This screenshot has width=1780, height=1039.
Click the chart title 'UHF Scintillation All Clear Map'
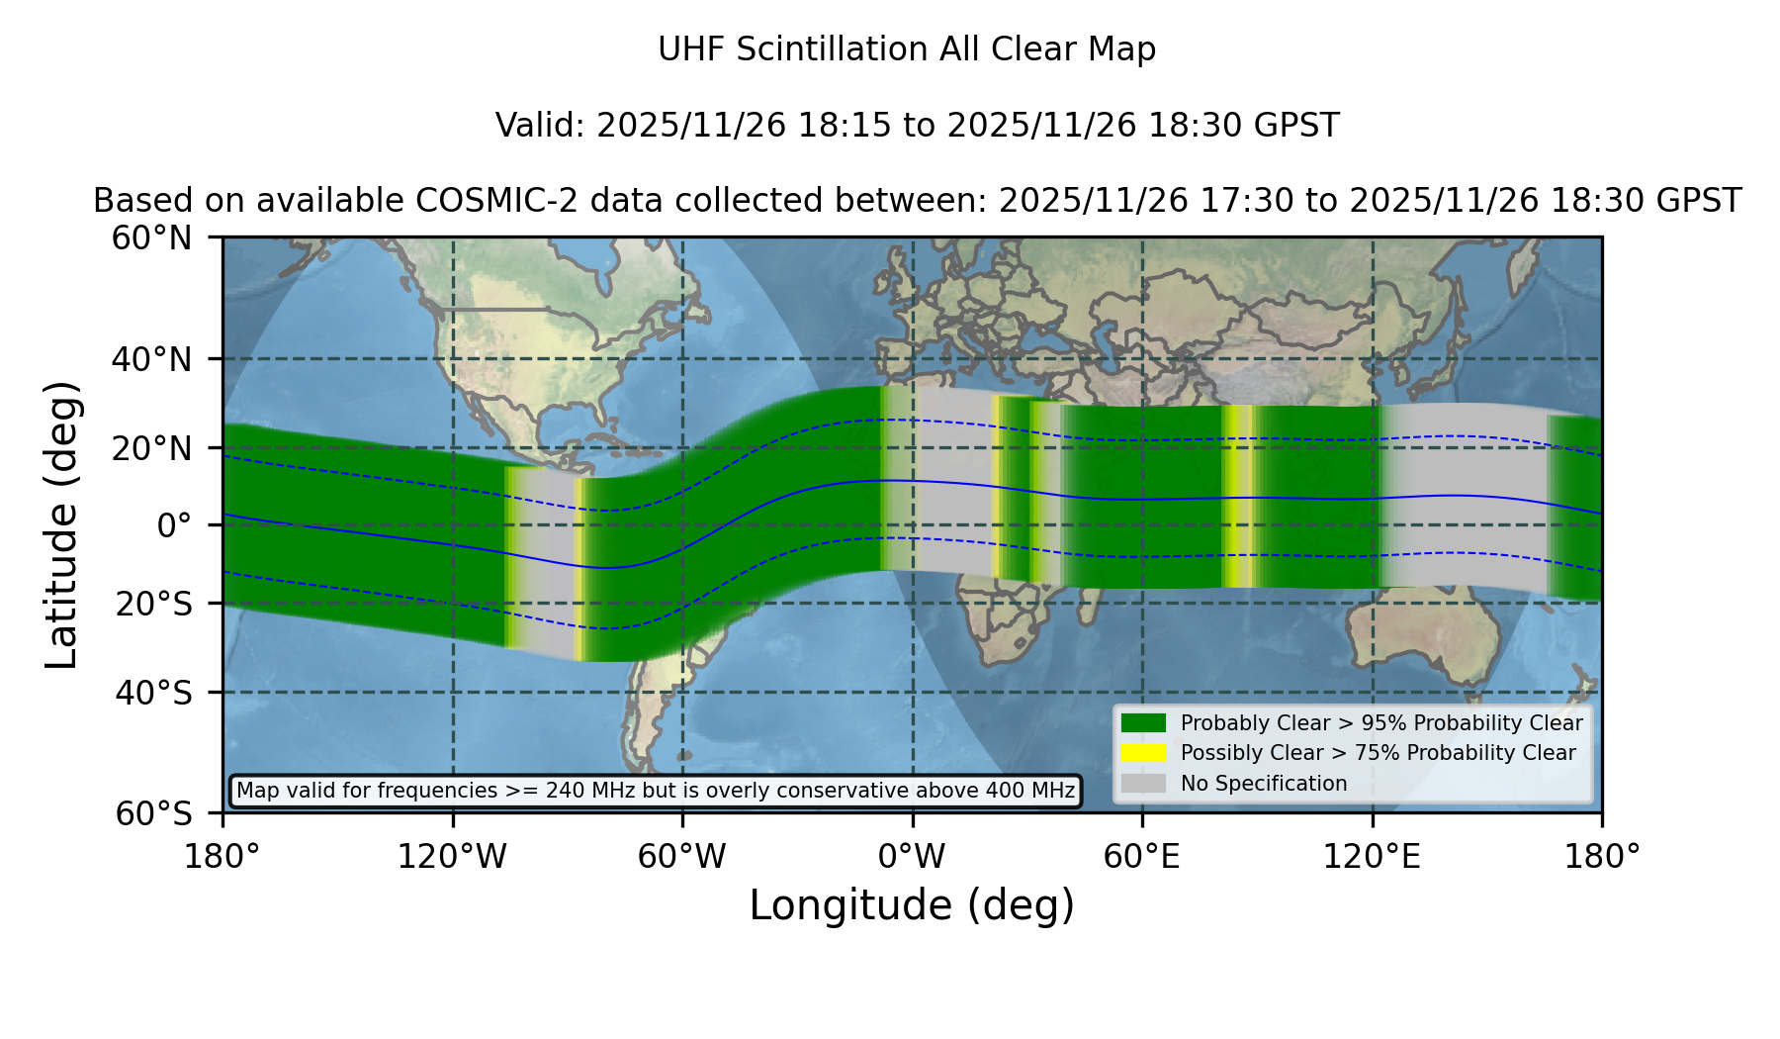[907, 49]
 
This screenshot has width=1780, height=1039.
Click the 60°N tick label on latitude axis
[152, 238]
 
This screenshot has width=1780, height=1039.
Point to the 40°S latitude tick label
[154, 693]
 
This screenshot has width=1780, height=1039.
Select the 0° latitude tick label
[174, 525]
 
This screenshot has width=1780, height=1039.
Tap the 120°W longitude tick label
[452, 857]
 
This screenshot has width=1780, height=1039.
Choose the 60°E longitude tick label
[1142, 857]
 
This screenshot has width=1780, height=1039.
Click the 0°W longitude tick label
[913, 857]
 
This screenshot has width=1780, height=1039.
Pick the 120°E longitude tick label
[1372, 857]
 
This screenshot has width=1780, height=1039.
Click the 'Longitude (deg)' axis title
[912, 905]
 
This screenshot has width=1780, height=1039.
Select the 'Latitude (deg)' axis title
[62, 524]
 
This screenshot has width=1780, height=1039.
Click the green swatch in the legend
[1144, 723]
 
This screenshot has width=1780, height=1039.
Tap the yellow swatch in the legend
[1144, 753]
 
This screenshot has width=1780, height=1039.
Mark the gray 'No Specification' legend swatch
[1144, 784]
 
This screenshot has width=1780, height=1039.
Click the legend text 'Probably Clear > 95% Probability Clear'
[1381, 723]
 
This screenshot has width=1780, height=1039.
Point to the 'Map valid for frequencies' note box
[656, 791]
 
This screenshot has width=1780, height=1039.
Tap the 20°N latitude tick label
[152, 448]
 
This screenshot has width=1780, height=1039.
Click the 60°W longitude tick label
[682, 857]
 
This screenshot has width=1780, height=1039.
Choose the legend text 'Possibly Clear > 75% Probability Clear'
[1379, 753]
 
